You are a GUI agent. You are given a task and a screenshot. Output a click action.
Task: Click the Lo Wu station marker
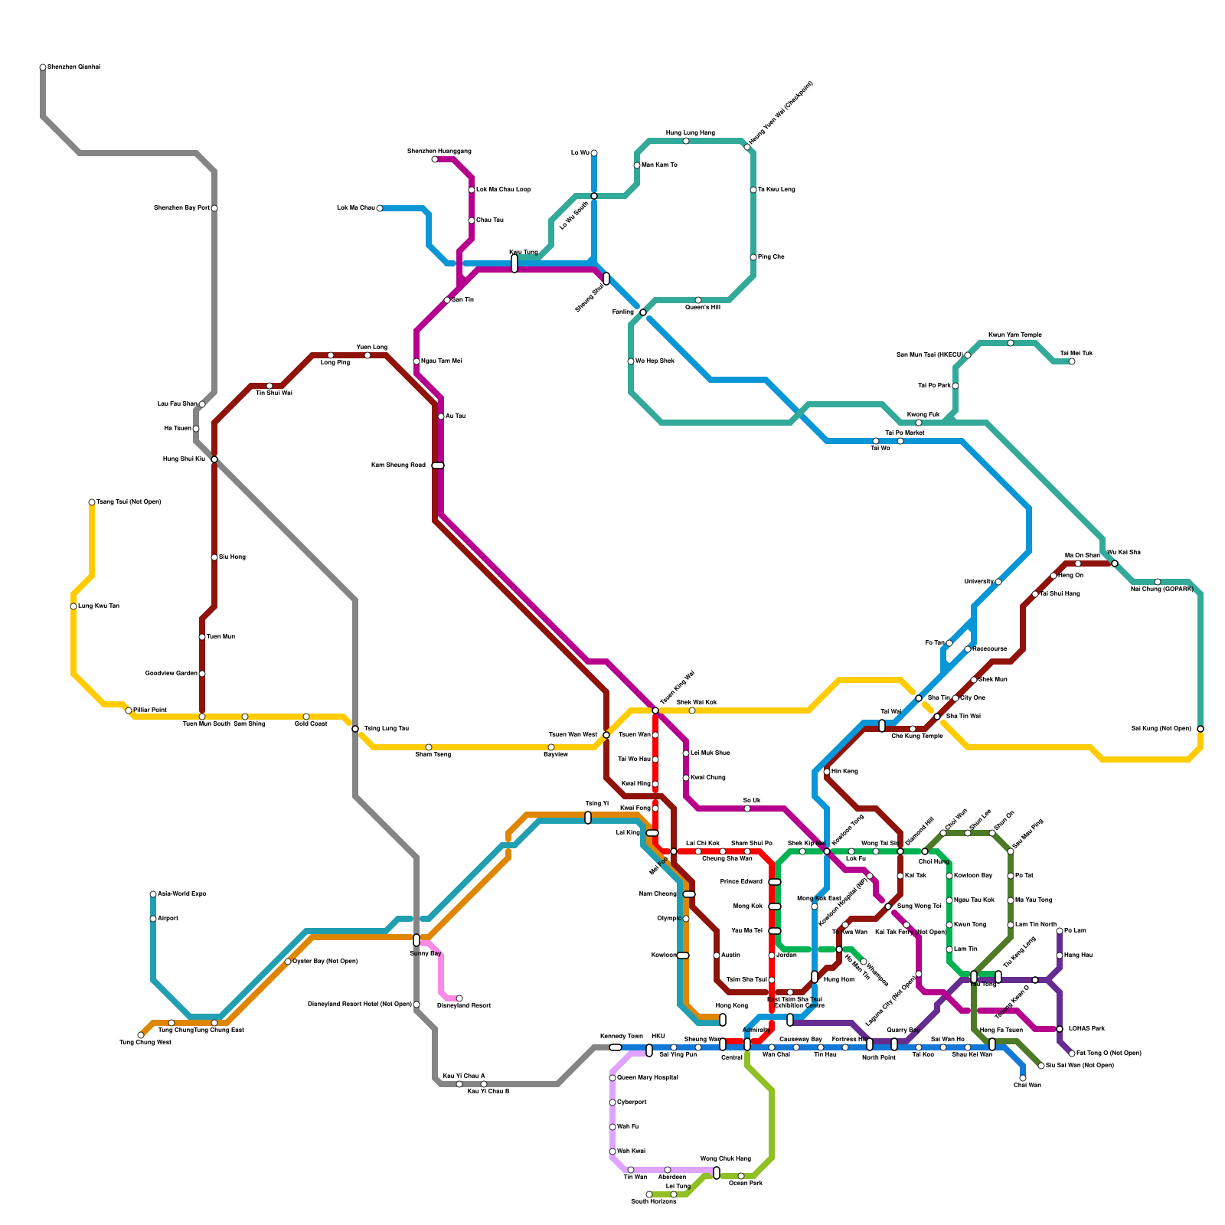click(594, 153)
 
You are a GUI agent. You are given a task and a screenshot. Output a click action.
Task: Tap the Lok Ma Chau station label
click(356, 208)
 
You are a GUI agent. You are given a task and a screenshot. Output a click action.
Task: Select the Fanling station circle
click(643, 312)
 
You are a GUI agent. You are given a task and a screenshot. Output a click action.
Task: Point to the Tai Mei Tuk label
click(1076, 354)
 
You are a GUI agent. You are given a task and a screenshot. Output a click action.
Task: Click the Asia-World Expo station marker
click(153, 894)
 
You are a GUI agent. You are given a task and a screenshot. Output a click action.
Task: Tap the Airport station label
click(168, 919)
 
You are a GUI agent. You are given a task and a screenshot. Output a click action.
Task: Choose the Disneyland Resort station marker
click(459, 998)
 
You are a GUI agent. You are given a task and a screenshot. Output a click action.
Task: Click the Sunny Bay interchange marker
click(416, 940)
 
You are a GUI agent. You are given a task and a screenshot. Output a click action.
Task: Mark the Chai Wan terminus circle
click(1023, 1078)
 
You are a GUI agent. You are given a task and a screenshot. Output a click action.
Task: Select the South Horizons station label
click(653, 1202)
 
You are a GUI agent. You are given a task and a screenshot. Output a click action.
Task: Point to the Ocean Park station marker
click(741, 1176)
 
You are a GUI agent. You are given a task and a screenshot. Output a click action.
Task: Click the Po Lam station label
click(1075, 931)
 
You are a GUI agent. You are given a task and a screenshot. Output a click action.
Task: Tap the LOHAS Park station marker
click(1060, 1029)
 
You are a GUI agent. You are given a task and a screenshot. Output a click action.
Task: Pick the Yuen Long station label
click(371, 348)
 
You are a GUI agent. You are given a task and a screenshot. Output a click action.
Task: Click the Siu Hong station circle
click(214, 557)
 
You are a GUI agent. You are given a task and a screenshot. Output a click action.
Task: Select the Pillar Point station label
click(150, 710)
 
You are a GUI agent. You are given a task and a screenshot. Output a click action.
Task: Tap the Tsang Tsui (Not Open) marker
click(92, 502)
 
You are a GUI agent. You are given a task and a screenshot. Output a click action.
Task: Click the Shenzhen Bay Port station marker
click(214, 208)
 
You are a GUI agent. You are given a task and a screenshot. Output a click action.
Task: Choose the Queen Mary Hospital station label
click(647, 1078)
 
